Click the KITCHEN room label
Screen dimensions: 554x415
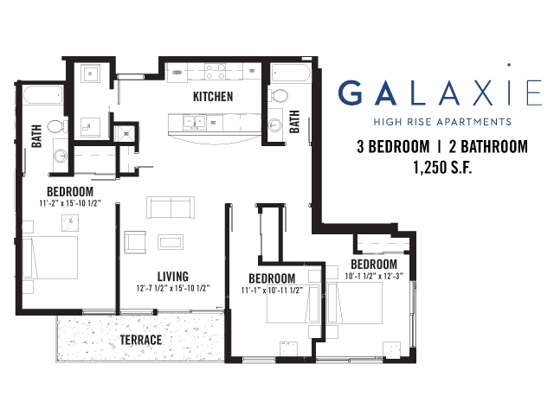click(x=213, y=96)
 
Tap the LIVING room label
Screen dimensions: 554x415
click(x=173, y=276)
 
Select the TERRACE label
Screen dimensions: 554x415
click(x=141, y=340)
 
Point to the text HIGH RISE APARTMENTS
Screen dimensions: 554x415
click(x=442, y=122)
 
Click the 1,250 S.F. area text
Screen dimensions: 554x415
click(x=442, y=167)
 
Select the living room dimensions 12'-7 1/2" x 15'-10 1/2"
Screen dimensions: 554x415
click(x=173, y=288)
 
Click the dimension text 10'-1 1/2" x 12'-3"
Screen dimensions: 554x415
click(x=374, y=276)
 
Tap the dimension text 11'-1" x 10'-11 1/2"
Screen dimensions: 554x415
click(x=272, y=290)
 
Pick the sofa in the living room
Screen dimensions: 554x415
click(x=171, y=207)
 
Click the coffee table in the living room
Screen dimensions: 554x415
click(x=171, y=242)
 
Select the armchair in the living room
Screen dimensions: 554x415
click(x=135, y=242)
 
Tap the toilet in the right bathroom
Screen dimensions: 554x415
click(x=279, y=95)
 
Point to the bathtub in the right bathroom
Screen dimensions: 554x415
click(x=291, y=73)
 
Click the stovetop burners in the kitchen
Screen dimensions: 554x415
click(x=216, y=71)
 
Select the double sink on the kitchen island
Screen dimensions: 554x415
click(x=194, y=123)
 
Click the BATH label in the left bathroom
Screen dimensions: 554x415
click(x=36, y=136)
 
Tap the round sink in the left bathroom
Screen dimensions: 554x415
click(x=61, y=156)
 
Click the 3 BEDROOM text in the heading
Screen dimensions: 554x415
click(x=393, y=146)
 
